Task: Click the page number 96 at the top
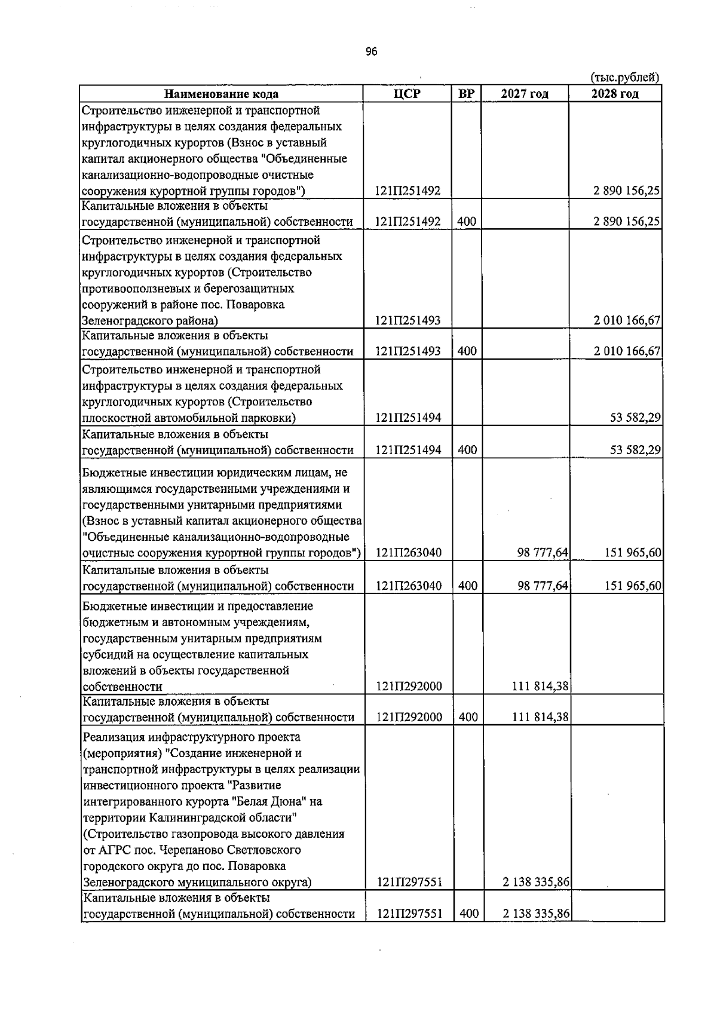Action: (x=371, y=52)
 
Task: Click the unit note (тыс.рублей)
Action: (x=625, y=77)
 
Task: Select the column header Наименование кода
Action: (x=221, y=94)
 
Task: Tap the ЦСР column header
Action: (x=407, y=94)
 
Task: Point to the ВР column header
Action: (x=466, y=94)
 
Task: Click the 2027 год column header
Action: (x=525, y=94)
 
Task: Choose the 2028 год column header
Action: (x=615, y=94)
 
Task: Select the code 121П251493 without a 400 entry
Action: (x=407, y=321)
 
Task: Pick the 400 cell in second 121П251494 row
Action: (x=467, y=450)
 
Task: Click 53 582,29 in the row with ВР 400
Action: (x=635, y=450)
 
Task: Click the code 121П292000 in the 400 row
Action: (x=409, y=717)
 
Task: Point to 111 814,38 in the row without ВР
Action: (x=540, y=687)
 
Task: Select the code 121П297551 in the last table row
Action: (x=409, y=914)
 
